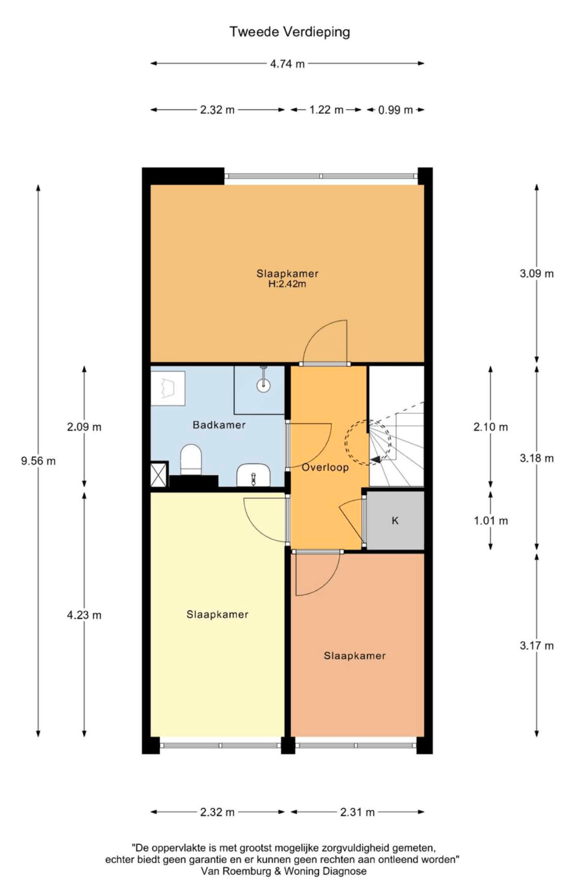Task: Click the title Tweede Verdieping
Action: (x=290, y=32)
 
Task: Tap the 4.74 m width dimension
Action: (x=287, y=64)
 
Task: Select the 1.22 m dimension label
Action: (x=326, y=110)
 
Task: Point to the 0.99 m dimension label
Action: (x=395, y=110)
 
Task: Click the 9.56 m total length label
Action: (x=38, y=461)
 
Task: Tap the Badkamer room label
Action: (x=219, y=424)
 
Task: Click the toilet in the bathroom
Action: (x=191, y=460)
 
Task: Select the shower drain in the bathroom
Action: (x=263, y=385)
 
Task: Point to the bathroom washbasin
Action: (x=254, y=475)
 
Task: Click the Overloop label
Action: (x=325, y=467)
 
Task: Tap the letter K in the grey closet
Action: (x=395, y=521)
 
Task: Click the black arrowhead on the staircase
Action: (x=375, y=460)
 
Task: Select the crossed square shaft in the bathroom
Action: (x=159, y=474)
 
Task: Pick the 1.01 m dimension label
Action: (x=491, y=521)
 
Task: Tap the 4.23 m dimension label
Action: (x=84, y=615)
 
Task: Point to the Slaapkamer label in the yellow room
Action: (x=217, y=615)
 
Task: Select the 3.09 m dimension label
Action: (x=537, y=274)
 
